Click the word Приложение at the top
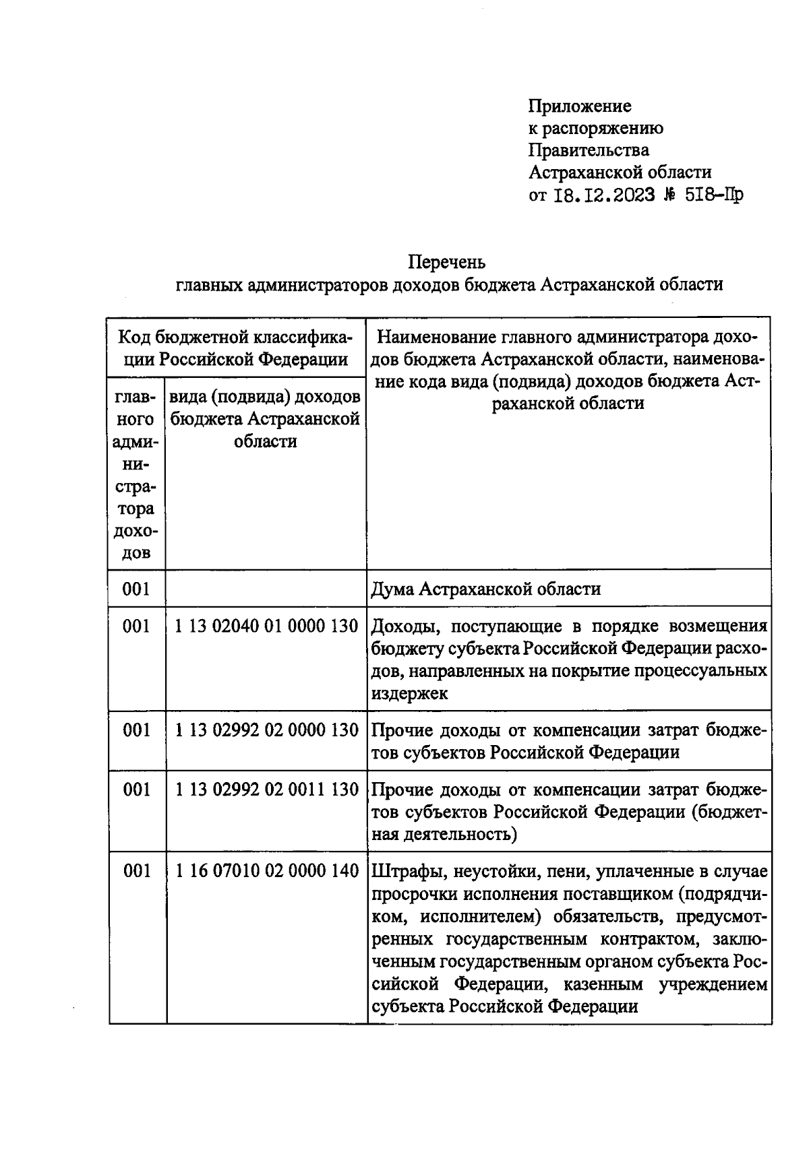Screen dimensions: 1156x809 pos(580,106)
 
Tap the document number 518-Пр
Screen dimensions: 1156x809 pos(714,195)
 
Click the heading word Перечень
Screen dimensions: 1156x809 pos(447,261)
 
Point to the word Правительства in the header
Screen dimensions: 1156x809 pos(589,150)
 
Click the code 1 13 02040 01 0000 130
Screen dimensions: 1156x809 pos(266,627)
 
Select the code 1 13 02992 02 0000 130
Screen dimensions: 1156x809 pos(266,730)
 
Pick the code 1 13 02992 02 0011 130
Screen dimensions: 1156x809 pos(266,790)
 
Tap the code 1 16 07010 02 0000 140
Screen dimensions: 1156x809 pos(266,872)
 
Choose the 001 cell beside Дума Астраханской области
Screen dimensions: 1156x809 pos(136,589)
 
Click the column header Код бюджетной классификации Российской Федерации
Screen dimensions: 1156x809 pos(236,347)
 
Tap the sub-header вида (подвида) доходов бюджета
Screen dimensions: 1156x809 pos(265,419)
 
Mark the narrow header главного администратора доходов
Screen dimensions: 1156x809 pos(136,475)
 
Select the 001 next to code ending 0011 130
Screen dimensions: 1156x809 pos(136,790)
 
